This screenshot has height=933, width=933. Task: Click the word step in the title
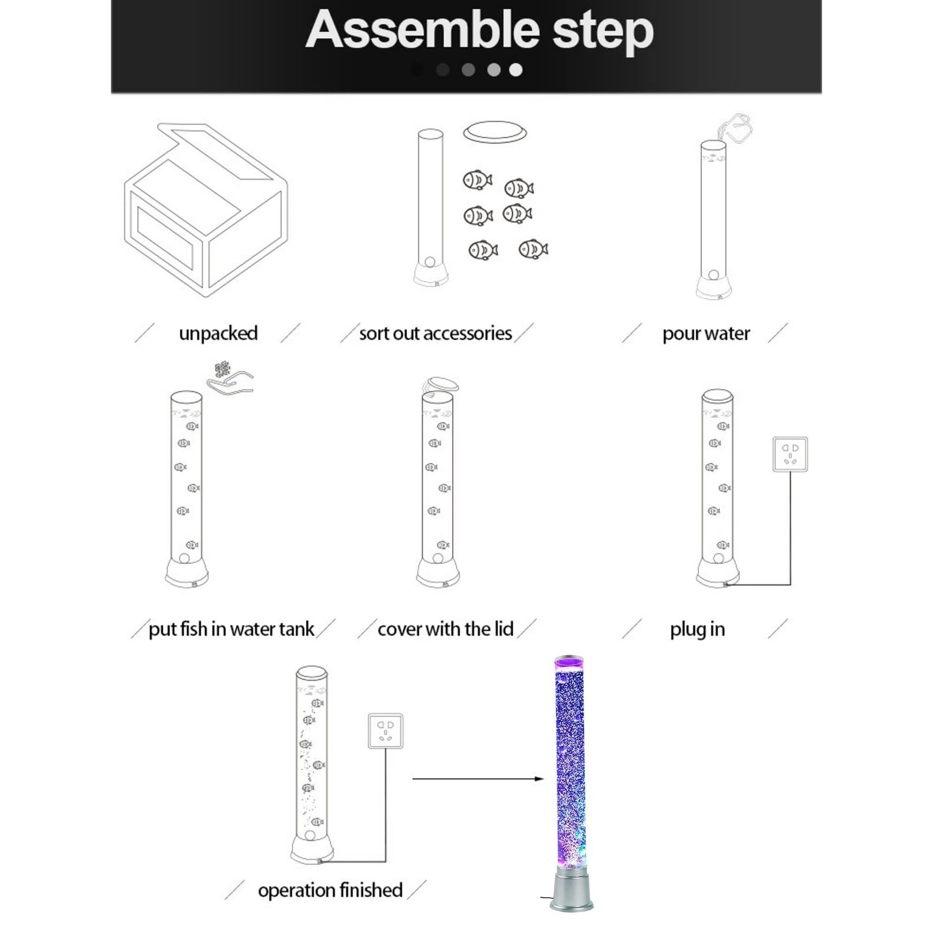[x=603, y=32]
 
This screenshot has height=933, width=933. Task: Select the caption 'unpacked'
[x=218, y=334]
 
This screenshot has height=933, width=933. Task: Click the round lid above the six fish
[x=495, y=132]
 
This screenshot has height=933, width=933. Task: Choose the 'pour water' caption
[x=706, y=334]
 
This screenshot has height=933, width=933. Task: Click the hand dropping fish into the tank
[x=231, y=383]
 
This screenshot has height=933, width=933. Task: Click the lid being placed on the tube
[x=441, y=385]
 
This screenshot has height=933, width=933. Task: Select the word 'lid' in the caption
[x=503, y=629]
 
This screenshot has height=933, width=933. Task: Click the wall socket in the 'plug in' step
[x=790, y=454]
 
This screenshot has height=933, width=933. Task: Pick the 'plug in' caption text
[x=697, y=629]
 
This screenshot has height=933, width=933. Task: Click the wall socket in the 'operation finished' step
[x=386, y=731]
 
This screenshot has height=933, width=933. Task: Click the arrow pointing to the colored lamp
[x=478, y=779]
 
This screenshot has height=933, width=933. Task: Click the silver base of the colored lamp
[x=571, y=890]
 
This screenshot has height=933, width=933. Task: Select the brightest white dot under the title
[x=516, y=70]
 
